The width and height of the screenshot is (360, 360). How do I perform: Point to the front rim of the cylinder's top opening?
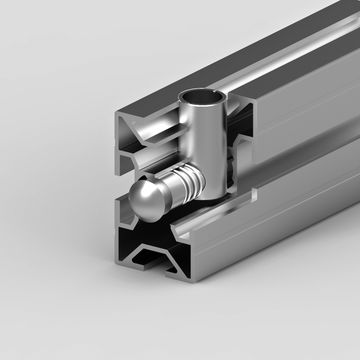click(199, 103)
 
